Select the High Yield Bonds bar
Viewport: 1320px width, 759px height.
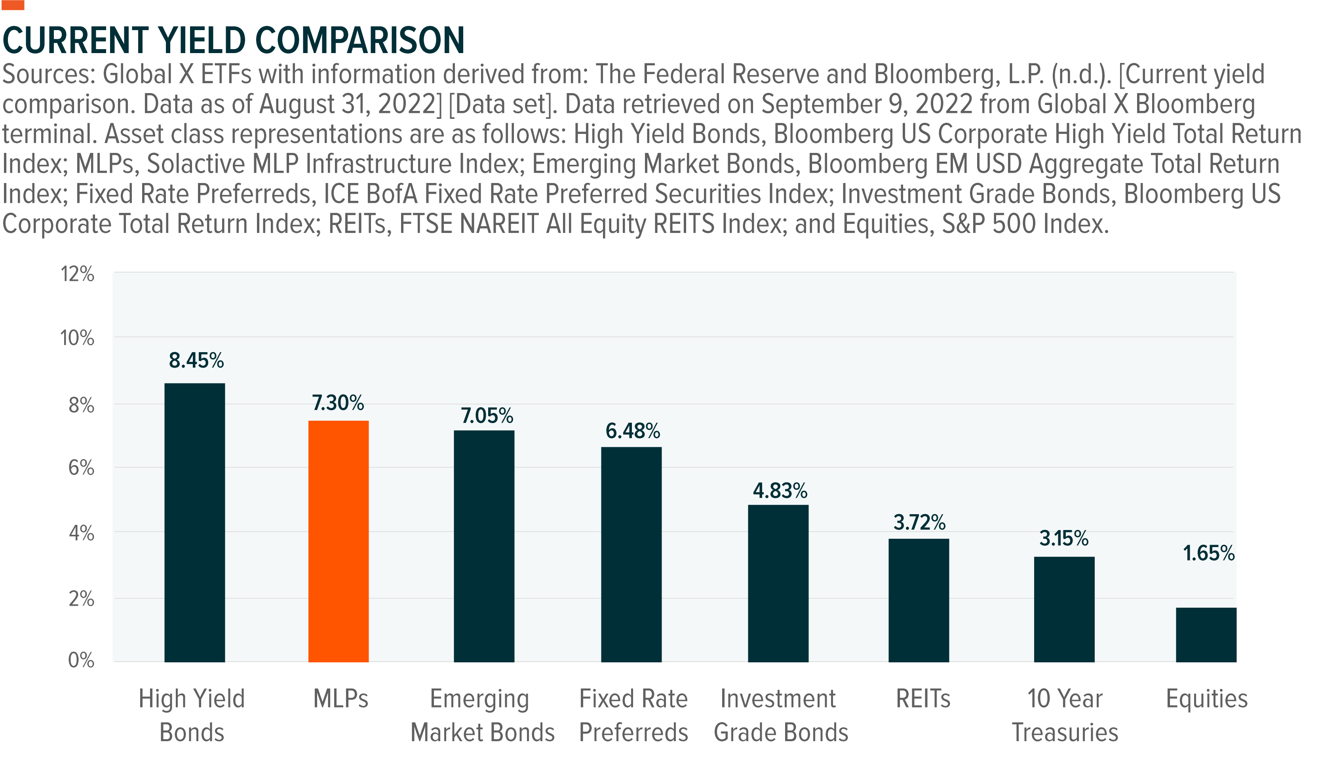tap(195, 523)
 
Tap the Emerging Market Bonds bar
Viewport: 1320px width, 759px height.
tap(484, 546)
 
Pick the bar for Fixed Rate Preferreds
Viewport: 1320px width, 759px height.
tap(631, 554)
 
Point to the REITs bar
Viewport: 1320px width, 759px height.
tap(919, 600)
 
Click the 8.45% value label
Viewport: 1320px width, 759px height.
tap(196, 360)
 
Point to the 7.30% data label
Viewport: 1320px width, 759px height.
tap(338, 403)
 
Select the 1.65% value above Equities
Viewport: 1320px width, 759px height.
tap(1208, 553)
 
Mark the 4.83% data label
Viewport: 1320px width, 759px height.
tap(780, 490)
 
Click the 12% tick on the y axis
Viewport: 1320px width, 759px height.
tap(78, 274)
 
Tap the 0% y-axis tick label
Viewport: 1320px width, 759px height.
tap(81, 660)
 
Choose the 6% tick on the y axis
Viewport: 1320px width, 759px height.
tap(81, 467)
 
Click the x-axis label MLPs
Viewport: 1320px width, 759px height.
tap(340, 698)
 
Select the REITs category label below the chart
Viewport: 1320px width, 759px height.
tap(923, 698)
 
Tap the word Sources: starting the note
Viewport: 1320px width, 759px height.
tap(48, 74)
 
